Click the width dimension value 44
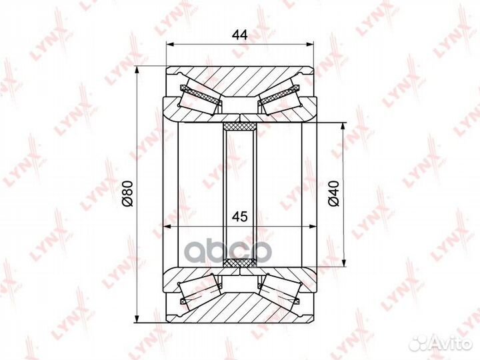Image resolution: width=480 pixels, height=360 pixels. pyautogui.click(x=239, y=35)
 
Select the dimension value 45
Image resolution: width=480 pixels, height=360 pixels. pyautogui.click(x=239, y=216)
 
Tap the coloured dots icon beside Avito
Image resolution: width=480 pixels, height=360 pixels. pyautogui.click(x=419, y=342)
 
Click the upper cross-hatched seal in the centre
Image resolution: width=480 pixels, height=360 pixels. pyautogui.click(x=240, y=127)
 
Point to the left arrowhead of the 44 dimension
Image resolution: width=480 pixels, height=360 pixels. pyautogui.click(x=169, y=45)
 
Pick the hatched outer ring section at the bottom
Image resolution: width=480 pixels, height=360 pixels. pyautogui.click(x=240, y=307)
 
